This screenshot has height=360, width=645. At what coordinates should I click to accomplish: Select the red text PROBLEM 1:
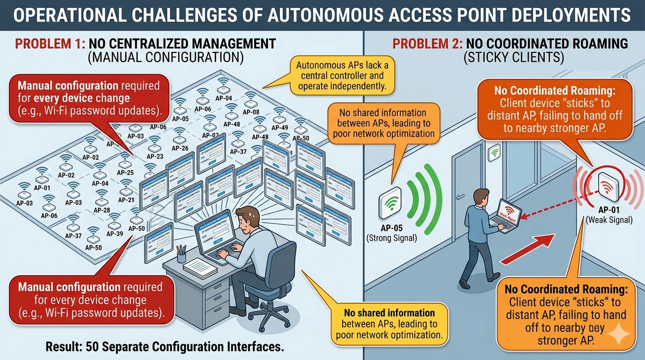[50, 44]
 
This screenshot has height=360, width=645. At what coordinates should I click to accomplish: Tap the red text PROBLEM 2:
[427, 44]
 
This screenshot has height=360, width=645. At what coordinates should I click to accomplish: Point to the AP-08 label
[251, 112]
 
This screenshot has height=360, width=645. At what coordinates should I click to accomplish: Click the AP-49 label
[279, 128]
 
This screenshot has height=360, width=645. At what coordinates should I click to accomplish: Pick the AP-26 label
[180, 148]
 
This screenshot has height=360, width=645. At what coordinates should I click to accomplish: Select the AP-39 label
[114, 234]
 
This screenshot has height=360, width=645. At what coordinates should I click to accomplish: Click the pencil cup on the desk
[181, 256]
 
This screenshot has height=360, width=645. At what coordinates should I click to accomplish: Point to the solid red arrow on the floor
[528, 249]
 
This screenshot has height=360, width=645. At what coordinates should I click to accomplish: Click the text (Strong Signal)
[391, 238]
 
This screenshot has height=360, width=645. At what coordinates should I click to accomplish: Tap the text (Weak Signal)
[609, 220]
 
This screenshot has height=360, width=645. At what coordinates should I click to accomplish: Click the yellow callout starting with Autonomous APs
[342, 75]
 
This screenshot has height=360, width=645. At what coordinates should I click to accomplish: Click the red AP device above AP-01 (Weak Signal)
[608, 186]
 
